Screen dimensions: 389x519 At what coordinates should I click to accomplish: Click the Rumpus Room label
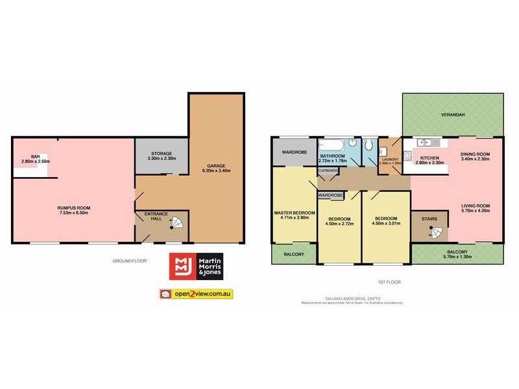click(73, 207)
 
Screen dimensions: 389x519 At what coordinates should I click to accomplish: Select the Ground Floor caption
click(130, 261)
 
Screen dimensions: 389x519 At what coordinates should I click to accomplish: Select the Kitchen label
click(430, 158)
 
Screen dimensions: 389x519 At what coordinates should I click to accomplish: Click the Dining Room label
click(475, 154)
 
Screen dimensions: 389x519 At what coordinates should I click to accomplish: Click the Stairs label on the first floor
click(429, 218)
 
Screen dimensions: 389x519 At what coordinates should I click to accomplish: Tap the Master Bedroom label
click(295, 213)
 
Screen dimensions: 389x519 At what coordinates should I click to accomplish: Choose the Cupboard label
click(328, 171)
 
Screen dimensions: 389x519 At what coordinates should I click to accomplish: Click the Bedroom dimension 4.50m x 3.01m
click(385, 224)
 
